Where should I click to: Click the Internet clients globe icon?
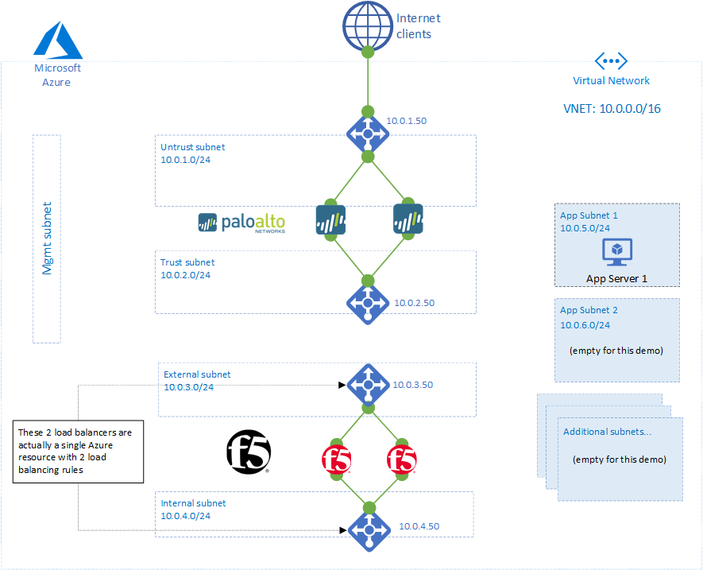[368, 26]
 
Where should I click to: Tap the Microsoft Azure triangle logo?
[58, 41]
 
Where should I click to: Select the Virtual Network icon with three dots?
[611, 61]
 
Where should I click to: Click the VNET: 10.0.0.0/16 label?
[612, 109]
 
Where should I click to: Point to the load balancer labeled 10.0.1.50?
[368, 134]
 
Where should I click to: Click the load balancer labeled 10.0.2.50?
[368, 303]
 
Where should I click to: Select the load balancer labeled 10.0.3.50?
[368, 385]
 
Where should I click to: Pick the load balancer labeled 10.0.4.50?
[369, 530]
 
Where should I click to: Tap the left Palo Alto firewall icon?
[331, 220]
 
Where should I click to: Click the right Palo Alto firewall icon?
[408, 219]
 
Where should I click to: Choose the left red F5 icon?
[337, 459]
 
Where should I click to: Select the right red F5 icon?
[402, 459]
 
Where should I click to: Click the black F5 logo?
[249, 452]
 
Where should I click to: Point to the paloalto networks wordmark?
[241, 223]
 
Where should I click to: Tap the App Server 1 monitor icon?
[617, 252]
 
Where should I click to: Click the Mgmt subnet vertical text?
[47, 238]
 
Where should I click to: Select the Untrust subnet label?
[193, 147]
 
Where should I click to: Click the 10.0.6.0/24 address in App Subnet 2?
[585, 325]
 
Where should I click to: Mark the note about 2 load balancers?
[78, 452]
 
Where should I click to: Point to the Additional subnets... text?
[607, 432]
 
